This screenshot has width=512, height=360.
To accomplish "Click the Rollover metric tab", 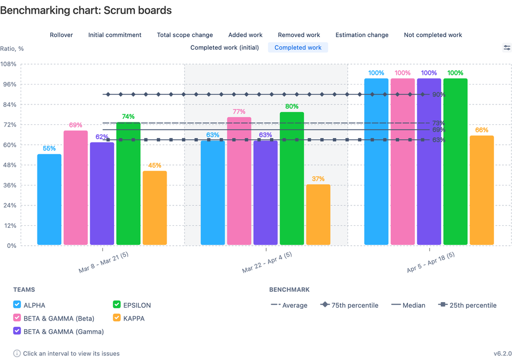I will pos(61,35).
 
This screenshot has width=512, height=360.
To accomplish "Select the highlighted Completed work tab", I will pos(298,48).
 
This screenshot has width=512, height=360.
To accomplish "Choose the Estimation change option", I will pos(362,35).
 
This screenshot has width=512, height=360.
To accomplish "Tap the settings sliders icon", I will pos(506,48).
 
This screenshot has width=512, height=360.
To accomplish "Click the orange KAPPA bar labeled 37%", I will pos(318,215).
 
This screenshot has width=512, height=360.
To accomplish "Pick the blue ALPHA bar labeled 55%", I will pos(49,199).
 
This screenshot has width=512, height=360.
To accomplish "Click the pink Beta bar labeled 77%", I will pos(239,181).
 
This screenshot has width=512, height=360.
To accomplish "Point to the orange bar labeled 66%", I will pos(482,190).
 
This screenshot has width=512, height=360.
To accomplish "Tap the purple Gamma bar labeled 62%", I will pos(102,194).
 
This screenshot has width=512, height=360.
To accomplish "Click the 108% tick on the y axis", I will pos(9,64).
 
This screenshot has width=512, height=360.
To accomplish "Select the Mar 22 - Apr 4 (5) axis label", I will pos(267,262).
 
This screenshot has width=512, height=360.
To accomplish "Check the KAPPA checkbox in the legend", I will pos(117,318).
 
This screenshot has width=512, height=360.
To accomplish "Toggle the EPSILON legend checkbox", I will pos(117,305).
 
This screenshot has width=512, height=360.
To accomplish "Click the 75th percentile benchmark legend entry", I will pos(350,305).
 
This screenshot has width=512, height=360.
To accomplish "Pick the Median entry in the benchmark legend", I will pos(408,305).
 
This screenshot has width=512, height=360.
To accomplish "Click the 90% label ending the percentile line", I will pos(438,95).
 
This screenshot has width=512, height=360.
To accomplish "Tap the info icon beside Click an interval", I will pos(17,353).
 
